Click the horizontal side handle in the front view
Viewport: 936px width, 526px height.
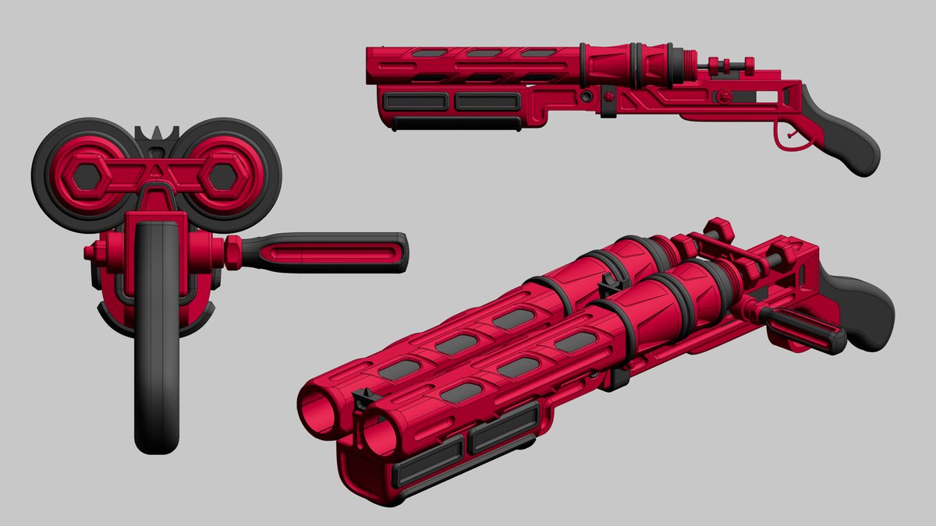[x=324, y=252]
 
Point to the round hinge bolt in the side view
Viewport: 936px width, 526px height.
[x=586, y=97]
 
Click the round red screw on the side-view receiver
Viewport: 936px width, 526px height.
[x=725, y=96]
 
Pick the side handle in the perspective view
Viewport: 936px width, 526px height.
[x=803, y=327]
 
